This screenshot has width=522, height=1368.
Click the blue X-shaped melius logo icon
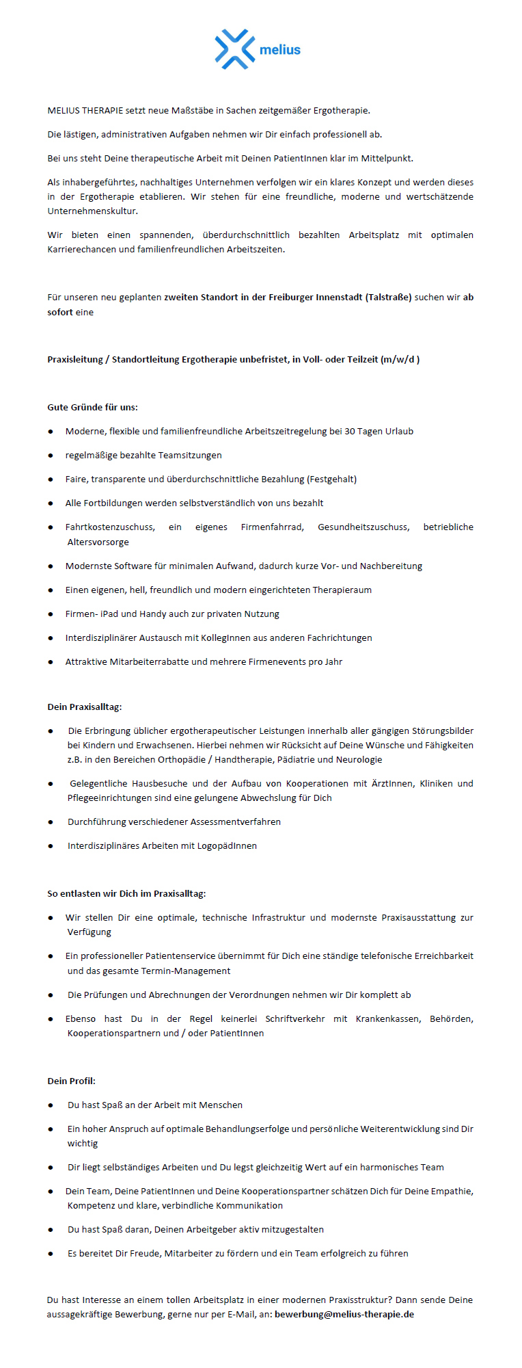tap(234, 49)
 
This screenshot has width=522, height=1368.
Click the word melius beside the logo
tap(280, 50)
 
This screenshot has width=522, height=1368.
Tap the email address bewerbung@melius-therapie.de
tap(344, 1314)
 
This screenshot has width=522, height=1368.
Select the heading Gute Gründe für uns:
tap(92, 407)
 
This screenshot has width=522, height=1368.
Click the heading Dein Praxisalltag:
tap(85, 707)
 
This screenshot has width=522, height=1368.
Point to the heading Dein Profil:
tap(72, 1081)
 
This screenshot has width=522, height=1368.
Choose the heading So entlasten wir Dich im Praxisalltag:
tap(126, 893)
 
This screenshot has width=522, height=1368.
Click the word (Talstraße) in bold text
tap(389, 297)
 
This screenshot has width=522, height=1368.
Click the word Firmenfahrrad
tap(272, 527)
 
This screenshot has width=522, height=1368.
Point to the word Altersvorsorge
tap(98, 542)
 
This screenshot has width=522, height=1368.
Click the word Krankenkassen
tap(387, 1018)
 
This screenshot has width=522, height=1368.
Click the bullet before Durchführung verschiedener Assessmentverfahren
tap(51, 822)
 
